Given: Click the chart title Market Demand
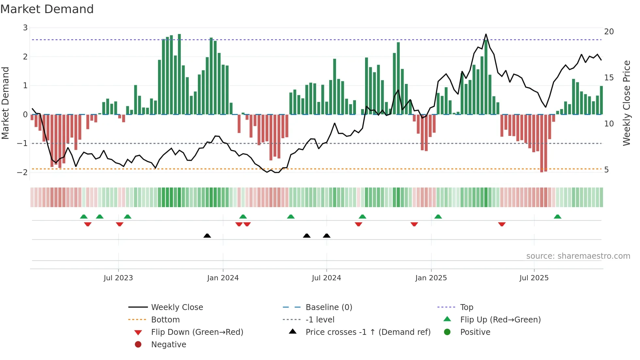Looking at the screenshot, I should [47, 9].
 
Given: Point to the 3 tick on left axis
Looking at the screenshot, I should [25, 28].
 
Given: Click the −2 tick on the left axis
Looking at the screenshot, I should [23, 172].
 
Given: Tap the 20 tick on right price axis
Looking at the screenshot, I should [609, 32].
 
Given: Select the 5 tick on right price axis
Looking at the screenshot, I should [606, 170].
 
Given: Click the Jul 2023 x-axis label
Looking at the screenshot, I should [118, 278].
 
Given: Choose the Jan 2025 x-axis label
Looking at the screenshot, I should [431, 278].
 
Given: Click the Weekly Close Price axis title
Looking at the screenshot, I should [626, 103].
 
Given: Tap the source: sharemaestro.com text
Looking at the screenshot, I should [578, 256].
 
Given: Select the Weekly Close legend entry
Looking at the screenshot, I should [177, 307].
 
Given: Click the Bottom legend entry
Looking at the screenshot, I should [165, 320].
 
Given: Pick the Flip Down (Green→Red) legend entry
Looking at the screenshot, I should [197, 332].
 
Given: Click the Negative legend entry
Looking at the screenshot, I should [168, 345].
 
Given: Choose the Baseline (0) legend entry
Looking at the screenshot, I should [328, 307].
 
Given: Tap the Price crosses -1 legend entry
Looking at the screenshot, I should [368, 332].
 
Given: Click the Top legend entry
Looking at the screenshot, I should [467, 307].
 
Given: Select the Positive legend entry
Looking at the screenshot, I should [475, 332].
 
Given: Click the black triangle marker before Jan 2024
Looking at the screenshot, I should [207, 236].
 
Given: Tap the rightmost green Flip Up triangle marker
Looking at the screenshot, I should [557, 217].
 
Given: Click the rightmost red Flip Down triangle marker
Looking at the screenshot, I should [502, 224].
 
